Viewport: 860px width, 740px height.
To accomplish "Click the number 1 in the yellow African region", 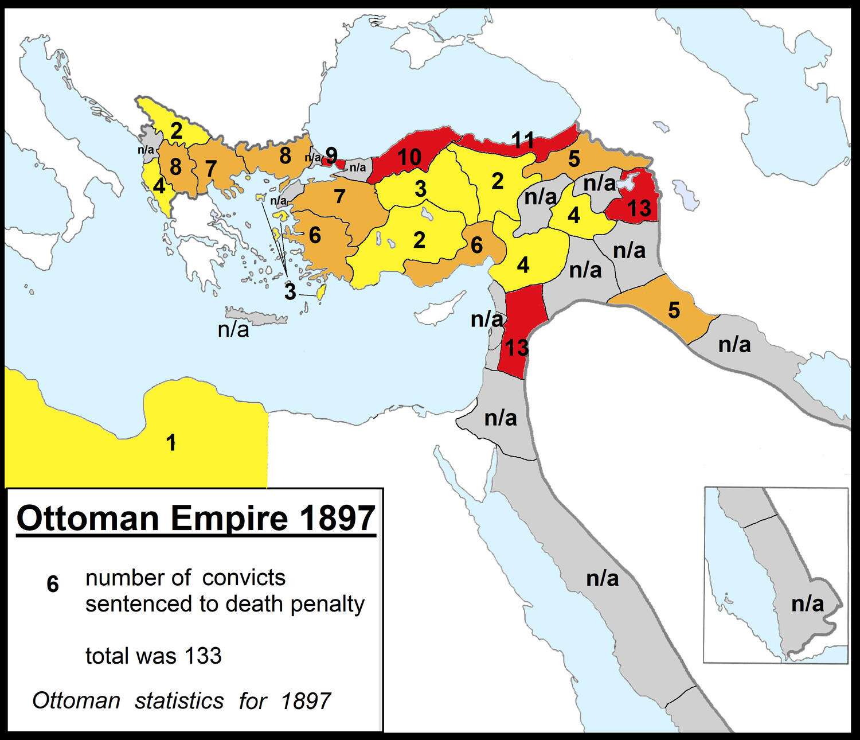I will click(x=170, y=443).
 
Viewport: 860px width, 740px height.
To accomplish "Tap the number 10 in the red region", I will click(x=409, y=157).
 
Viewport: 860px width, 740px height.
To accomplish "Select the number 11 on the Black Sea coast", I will click(x=522, y=140).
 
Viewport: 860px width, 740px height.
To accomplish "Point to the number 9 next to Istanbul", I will click(x=331, y=155).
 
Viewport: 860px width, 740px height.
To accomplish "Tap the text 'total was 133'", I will click(x=153, y=656).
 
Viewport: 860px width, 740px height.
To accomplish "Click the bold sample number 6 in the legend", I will click(x=53, y=585).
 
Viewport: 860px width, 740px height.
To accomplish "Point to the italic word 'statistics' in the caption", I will click(x=179, y=701).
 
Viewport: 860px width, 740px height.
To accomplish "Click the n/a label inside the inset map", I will click(x=807, y=603).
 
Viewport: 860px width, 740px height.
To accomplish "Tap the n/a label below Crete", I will click(x=233, y=330).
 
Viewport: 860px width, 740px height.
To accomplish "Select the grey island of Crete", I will click(x=256, y=316).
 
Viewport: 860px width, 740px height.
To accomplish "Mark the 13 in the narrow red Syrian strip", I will click(x=514, y=347).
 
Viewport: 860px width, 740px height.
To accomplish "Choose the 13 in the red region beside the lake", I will click(x=639, y=208).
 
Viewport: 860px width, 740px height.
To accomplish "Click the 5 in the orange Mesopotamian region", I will click(x=674, y=310).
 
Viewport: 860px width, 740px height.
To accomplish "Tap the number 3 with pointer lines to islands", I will click(x=290, y=292).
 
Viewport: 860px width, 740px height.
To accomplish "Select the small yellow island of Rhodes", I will click(x=322, y=293).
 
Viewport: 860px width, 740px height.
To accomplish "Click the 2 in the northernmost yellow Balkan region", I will click(x=176, y=131).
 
